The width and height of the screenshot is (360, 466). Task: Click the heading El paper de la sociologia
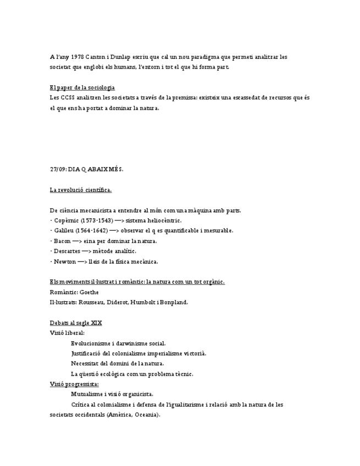82,87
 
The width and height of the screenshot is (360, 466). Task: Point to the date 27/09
57,169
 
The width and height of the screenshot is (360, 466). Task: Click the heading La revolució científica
80,190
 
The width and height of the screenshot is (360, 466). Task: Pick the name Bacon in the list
62,241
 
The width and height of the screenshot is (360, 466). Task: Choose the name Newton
65,262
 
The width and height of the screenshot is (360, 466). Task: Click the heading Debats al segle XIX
76,323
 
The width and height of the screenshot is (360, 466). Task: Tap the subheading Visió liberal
67,333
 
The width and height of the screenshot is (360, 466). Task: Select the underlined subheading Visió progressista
74,384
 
